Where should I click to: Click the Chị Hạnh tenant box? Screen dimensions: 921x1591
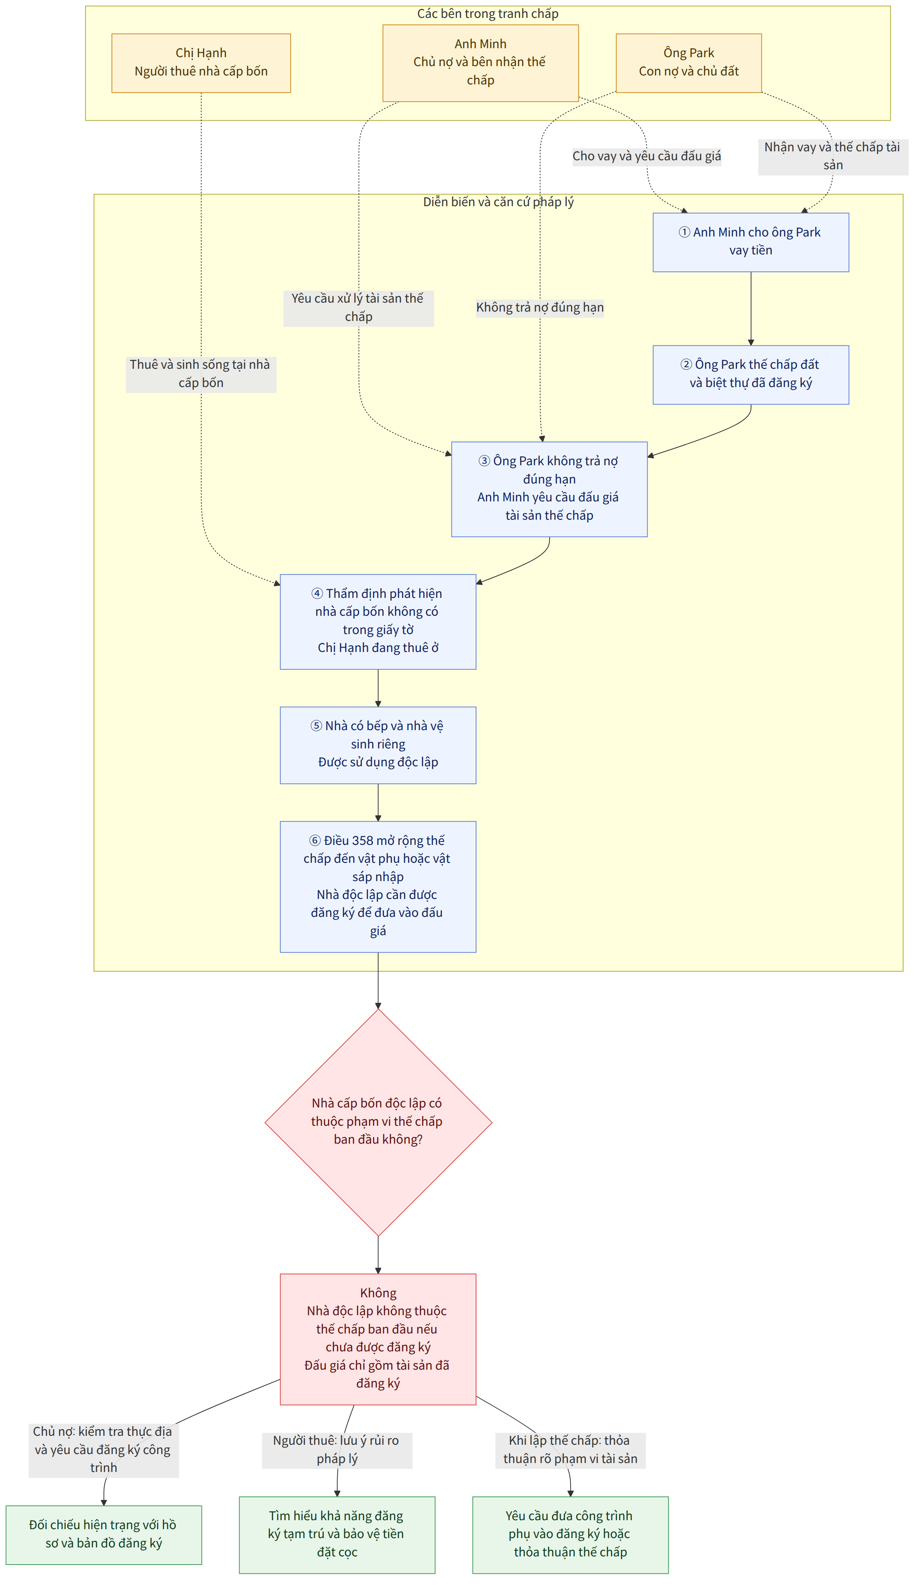[201, 63]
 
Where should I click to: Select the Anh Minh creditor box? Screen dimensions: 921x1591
[480, 63]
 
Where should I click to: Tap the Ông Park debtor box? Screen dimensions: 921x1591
[689, 63]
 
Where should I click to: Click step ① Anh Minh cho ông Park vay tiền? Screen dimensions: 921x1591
[751, 242]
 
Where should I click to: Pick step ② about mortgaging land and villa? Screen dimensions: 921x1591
[751, 375]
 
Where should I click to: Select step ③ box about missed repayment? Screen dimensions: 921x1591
[549, 489]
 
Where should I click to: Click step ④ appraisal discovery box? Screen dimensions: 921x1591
[378, 622]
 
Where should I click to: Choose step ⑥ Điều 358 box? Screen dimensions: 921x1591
[378, 887]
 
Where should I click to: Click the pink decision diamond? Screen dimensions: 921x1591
[378, 1123]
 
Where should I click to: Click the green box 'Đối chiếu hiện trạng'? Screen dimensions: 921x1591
[103, 1535]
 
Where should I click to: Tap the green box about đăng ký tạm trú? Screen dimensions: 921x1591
[337, 1535]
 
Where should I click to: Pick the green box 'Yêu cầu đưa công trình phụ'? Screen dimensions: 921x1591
[570, 1535]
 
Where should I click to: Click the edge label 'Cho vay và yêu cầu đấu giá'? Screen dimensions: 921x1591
[646, 156]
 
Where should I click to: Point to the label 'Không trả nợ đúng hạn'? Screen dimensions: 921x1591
[540, 307]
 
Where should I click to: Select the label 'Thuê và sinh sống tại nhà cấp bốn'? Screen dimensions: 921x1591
[201, 374]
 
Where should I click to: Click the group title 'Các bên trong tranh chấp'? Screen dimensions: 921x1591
[488, 14]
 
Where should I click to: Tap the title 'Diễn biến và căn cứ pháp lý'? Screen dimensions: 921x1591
[499, 202]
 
